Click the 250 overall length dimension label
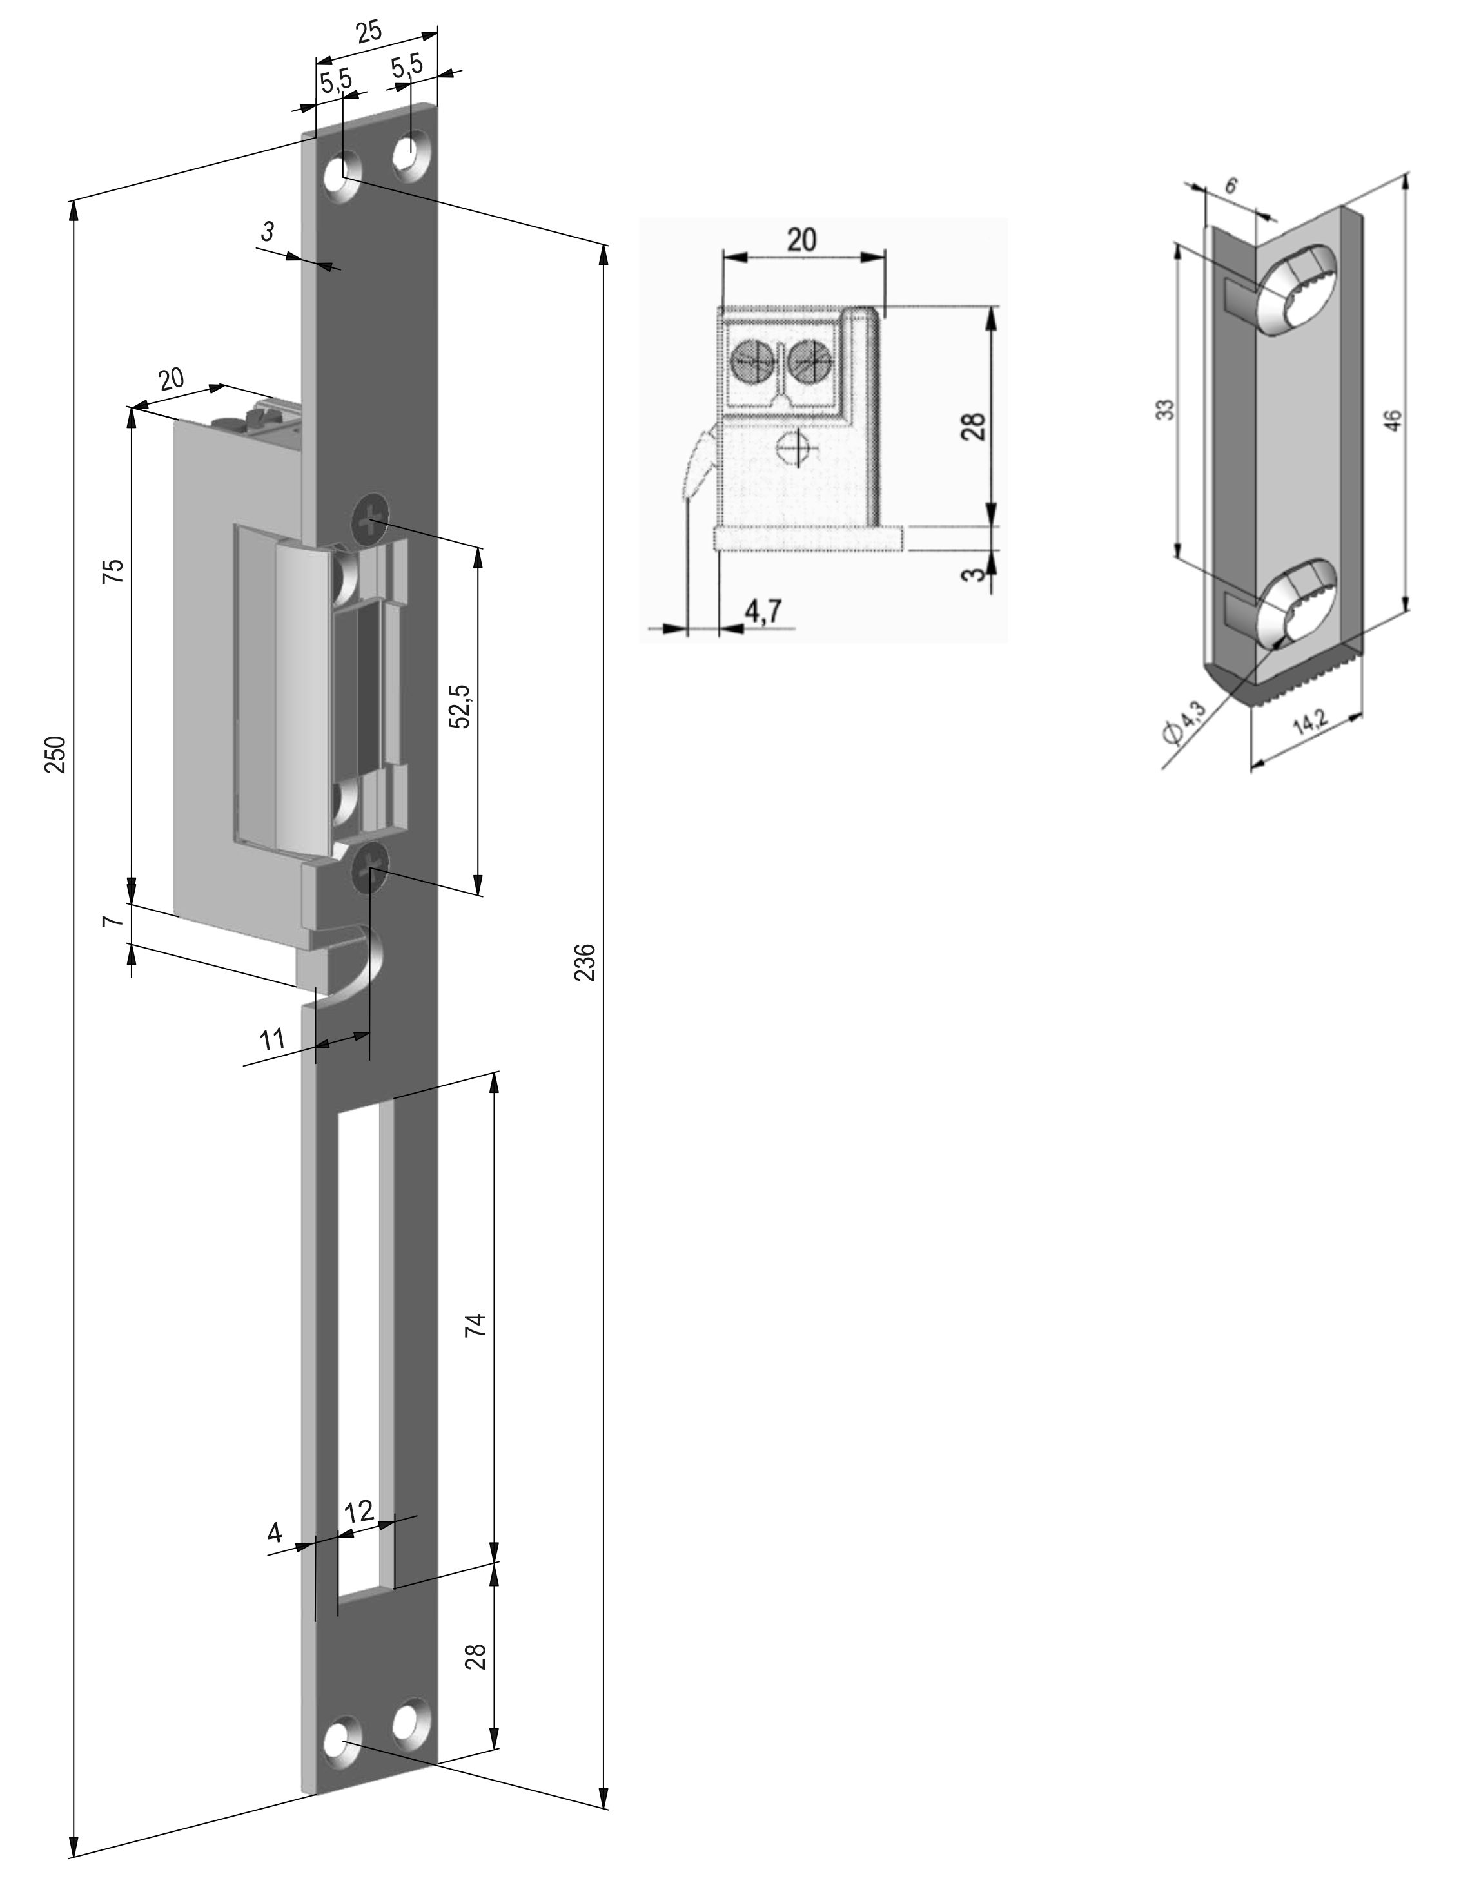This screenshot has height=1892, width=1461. (x=55, y=755)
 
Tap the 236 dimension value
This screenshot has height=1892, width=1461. (x=586, y=961)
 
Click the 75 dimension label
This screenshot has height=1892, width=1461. (x=113, y=573)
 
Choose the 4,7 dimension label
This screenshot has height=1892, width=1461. (x=763, y=611)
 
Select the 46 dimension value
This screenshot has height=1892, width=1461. (x=1391, y=420)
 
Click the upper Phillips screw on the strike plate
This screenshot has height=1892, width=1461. (x=369, y=521)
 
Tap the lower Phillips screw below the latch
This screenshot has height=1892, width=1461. (x=369, y=866)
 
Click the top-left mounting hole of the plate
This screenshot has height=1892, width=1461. (x=343, y=174)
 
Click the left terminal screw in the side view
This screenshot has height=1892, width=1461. (x=753, y=360)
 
